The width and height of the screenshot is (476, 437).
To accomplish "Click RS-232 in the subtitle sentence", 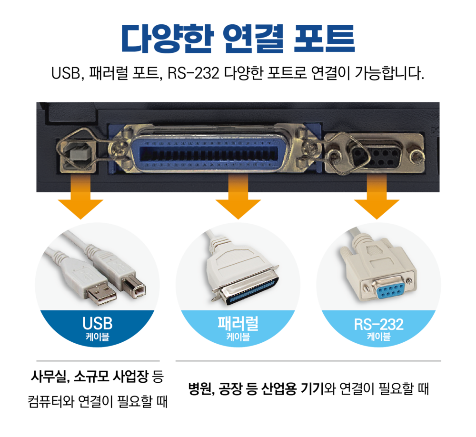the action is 193,73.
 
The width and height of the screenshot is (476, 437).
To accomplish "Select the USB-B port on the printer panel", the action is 79,154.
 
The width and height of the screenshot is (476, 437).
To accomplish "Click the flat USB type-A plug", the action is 100,294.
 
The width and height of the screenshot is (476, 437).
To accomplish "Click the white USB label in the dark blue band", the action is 97,324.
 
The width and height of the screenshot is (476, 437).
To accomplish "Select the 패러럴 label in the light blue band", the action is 238,323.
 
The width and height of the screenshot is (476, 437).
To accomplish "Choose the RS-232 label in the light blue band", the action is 378,324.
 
